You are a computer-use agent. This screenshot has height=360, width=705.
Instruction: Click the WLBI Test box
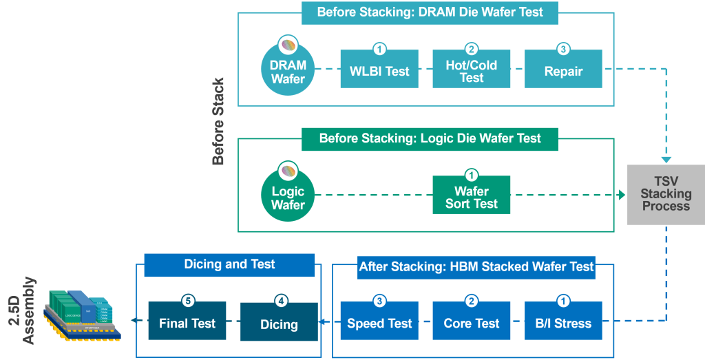point(379,71)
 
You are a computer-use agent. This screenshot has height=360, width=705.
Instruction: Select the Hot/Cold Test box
point(472,71)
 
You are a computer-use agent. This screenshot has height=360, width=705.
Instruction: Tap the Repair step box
point(563,71)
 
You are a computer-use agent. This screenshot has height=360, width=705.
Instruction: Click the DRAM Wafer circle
point(288,70)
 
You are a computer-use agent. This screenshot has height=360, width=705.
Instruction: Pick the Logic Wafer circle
point(288,197)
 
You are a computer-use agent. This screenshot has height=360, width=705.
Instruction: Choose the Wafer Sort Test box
point(472,197)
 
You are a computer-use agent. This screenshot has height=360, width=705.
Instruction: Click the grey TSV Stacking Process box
point(666,195)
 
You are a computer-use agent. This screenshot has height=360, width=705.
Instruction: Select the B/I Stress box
point(563,323)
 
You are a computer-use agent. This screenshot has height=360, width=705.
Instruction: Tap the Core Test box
point(472,323)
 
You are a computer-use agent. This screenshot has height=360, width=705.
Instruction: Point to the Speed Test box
point(379,323)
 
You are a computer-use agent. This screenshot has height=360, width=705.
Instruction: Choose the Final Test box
point(187,323)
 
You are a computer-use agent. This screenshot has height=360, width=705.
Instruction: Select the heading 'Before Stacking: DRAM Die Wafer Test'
point(430,12)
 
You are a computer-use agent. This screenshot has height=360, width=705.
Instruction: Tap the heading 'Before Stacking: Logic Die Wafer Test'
point(430,138)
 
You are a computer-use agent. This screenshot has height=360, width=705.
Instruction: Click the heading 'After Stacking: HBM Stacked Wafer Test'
point(476,266)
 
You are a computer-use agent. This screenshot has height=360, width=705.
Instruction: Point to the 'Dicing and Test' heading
point(229,264)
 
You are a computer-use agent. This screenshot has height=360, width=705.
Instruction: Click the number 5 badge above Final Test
point(187,301)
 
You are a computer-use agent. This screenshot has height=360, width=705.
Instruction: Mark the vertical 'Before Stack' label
point(218,122)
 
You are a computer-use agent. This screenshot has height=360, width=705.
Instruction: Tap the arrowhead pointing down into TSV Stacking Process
point(666,160)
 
